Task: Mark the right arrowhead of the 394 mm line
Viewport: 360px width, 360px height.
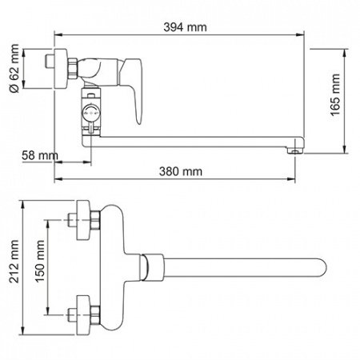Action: [307, 34]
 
